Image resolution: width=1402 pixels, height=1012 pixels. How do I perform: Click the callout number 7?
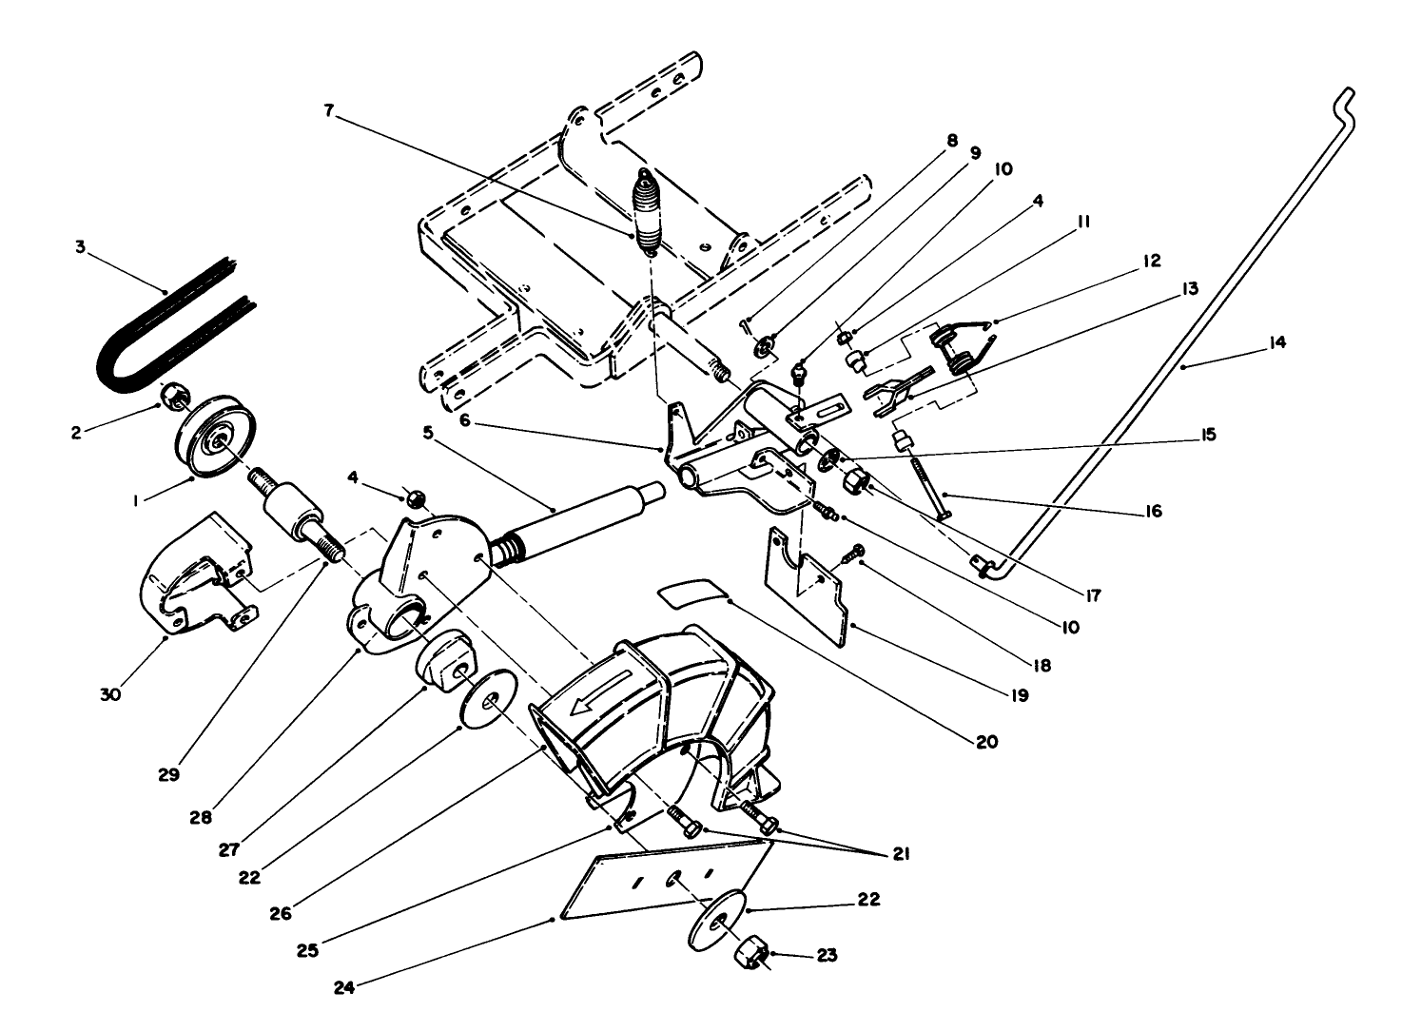(329, 111)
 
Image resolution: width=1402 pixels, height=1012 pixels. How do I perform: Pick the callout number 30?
(110, 695)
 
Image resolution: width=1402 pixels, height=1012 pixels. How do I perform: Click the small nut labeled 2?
(173, 395)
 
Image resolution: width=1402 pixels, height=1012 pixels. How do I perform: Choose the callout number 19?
(1019, 695)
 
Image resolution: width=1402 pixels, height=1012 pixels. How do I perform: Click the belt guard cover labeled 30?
(190, 580)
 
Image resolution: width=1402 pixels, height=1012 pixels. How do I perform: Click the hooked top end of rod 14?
(1345, 96)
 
